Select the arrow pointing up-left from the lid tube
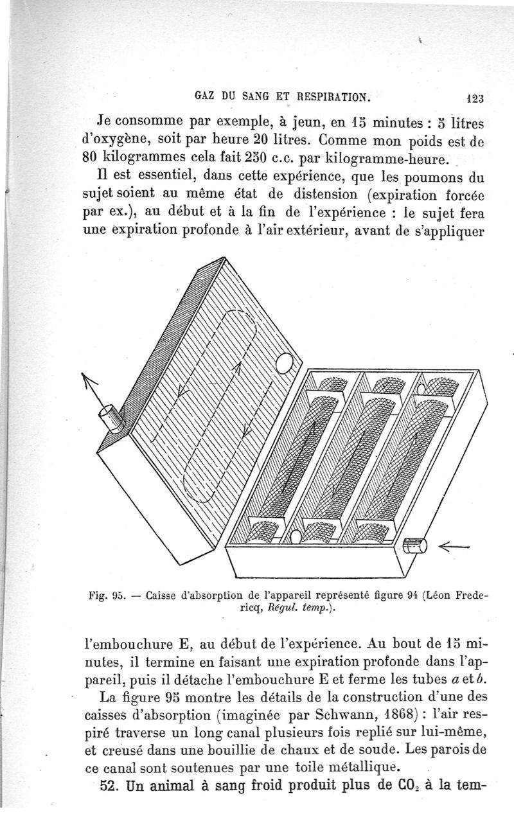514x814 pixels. coord(93,391)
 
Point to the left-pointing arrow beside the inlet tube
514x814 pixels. coord(454,547)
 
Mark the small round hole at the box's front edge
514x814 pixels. coord(296,536)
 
